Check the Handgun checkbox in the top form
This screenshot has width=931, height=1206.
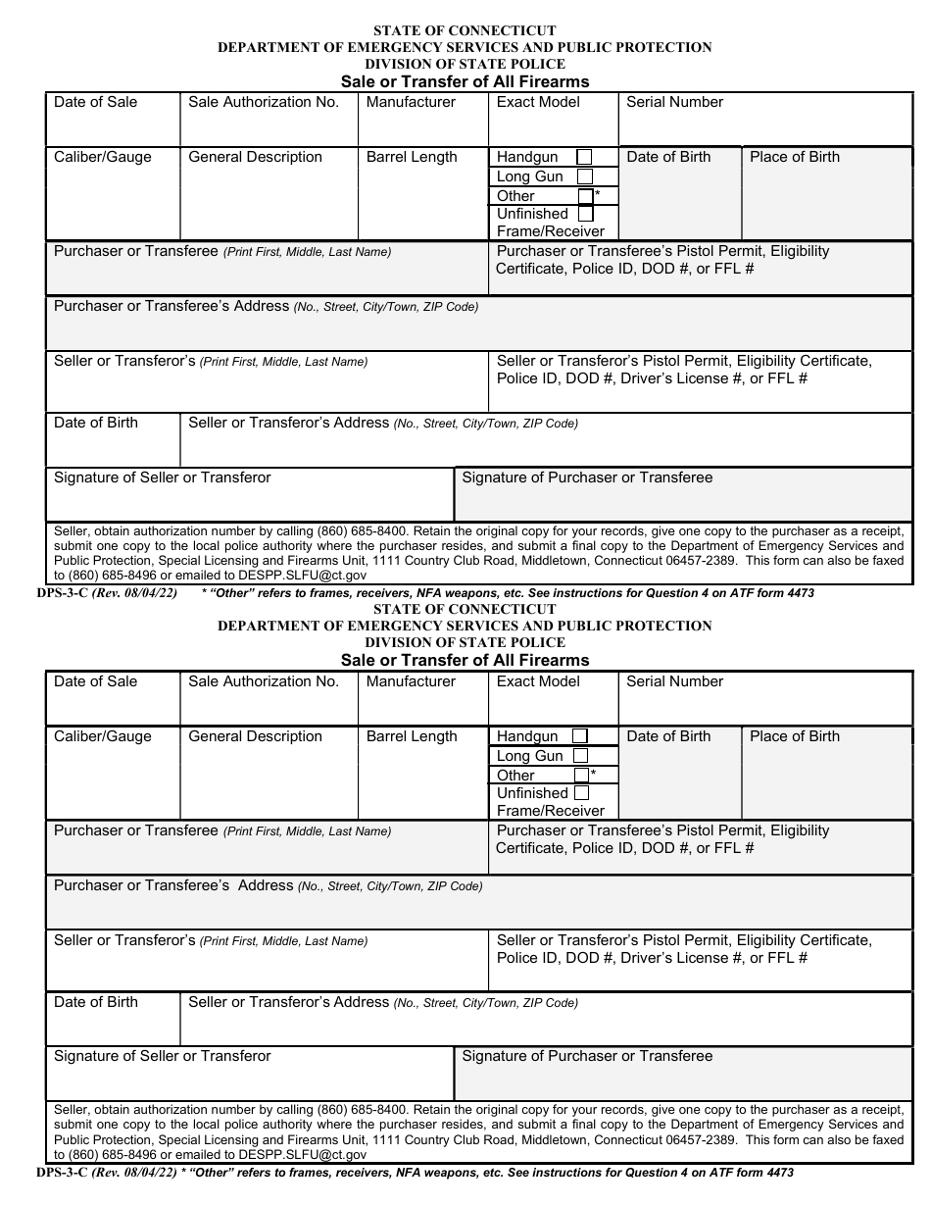[x=584, y=157]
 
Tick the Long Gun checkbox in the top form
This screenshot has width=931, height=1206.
[x=585, y=176]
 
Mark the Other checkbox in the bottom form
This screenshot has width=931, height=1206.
[x=581, y=775]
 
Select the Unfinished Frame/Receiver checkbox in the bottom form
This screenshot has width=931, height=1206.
[x=581, y=792]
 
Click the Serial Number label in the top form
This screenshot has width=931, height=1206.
[x=674, y=102]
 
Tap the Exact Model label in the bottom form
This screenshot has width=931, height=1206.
[x=538, y=681]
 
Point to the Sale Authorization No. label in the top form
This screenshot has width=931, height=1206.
[x=264, y=102]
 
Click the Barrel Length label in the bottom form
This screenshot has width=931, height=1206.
[x=412, y=736]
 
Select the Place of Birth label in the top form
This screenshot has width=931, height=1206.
[x=794, y=157]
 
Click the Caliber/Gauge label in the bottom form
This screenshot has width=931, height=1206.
[x=103, y=736]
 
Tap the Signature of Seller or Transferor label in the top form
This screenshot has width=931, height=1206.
[x=163, y=477]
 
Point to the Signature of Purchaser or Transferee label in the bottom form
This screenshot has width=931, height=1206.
[x=587, y=1056]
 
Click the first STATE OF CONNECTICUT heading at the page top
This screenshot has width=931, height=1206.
[x=465, y=30]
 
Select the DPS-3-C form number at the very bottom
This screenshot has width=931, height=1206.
[x=62, y=1173]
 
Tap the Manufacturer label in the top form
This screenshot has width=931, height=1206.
[x=411, y=102]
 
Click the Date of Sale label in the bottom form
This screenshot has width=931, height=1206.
[x=96, y=681]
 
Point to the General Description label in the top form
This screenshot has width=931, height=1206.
[x=255, y=157]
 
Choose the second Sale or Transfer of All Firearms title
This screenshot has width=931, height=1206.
[x=465, y=660]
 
